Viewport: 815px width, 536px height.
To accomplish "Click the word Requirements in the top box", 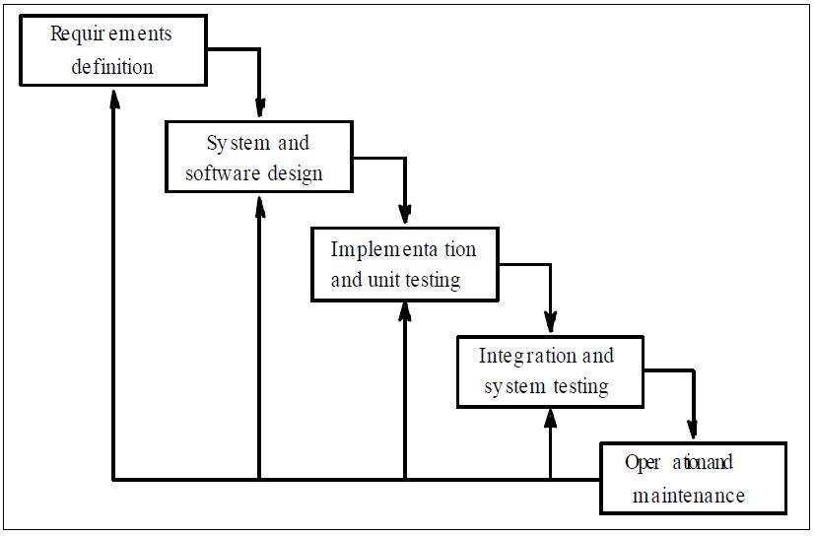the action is point(110,34).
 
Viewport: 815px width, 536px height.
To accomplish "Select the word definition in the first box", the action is point(112,67).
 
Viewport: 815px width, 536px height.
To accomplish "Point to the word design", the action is point(295,173).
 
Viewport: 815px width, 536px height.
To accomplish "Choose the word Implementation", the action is point(403,250).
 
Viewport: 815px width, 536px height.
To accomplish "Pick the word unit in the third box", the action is point(383,280).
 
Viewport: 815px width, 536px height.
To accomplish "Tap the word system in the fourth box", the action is point(514,387).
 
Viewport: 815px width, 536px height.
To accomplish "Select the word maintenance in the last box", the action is point(689,496).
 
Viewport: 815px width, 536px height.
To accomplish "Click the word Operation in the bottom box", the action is point(679,463).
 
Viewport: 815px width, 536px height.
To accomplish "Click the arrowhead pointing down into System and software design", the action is point(260,107).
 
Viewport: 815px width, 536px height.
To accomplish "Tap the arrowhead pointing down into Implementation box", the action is point(405,214).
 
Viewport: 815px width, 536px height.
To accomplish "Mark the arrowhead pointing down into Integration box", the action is point(551,322).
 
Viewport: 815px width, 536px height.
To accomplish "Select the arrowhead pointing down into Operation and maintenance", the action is point(692,429).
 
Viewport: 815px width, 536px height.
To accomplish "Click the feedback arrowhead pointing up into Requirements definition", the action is point(115,98).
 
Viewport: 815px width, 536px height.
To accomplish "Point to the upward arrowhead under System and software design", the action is point(260,206).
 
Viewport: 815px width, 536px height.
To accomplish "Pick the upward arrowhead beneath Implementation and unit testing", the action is point(405,312).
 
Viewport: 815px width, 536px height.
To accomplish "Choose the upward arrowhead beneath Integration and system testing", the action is point(551,419).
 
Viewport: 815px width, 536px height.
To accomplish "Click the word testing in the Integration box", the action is point(580,387).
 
